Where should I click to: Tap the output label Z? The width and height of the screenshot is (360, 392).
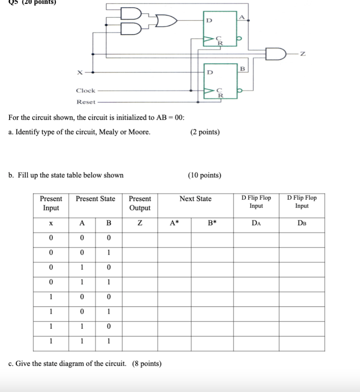(x=302, y=55)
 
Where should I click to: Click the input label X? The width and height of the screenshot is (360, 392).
(x=79, y=72)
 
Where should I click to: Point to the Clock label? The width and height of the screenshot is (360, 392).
(x=85, y=91)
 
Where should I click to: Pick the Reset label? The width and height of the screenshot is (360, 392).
(x=86, y=102)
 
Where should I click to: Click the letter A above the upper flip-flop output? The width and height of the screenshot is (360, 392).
(x=242, y=17)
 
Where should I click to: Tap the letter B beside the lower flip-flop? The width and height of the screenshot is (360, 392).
(x=242, y=69)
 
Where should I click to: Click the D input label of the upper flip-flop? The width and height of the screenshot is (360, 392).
(x=209, y=20)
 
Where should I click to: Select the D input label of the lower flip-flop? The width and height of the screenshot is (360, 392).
(x=209, y=72)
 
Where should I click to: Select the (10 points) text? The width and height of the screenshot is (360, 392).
(x=204, y=175)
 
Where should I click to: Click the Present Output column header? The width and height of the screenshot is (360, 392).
(x=140, y=203)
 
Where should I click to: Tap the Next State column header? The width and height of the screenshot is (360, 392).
(x=195, y=199)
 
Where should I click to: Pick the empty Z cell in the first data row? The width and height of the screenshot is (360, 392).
(x=140, y=238)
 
